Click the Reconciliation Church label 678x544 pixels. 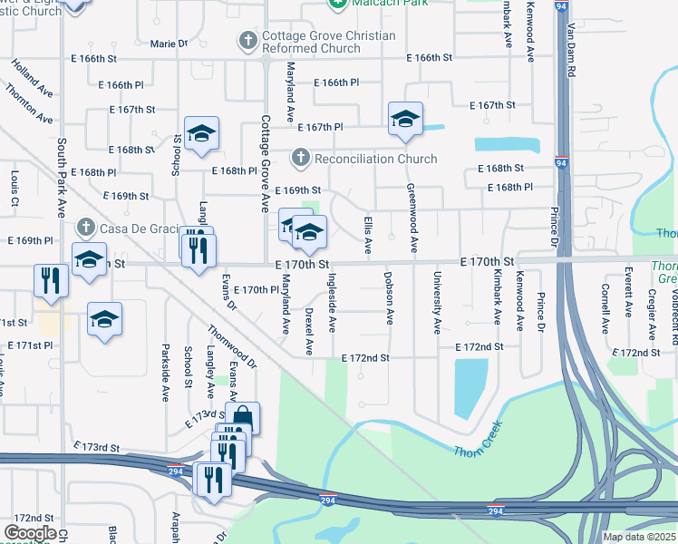375,159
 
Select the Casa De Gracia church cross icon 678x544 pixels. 85,226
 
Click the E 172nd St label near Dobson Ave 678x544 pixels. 365,358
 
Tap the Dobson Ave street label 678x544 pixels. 389,298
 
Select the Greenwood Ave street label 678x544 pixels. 412,218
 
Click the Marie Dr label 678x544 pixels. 169,44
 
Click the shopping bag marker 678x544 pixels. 242,418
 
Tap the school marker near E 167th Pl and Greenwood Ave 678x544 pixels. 405,119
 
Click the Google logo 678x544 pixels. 30,533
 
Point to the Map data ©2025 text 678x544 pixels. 639,537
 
